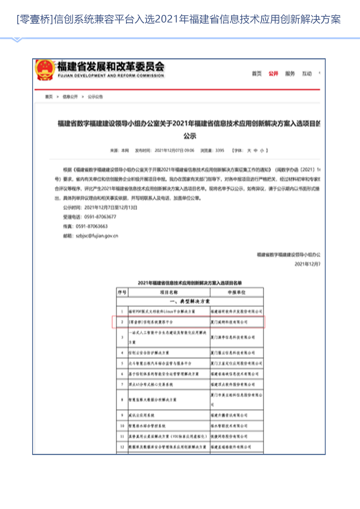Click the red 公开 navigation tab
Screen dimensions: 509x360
[x=273, y=74]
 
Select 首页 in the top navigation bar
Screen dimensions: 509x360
[x=257, y=74]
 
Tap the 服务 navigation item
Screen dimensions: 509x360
[x=290, y=74]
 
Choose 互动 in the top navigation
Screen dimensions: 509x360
[x=307, y=74]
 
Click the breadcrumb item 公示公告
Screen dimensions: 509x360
[x=96, y=97]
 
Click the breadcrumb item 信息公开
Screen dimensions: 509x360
[x=70, y=97]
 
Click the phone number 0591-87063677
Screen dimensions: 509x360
[x=96, y=217]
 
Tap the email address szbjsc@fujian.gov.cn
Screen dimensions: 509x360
[x=97, y=236]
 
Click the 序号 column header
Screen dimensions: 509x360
[x=122, y=292]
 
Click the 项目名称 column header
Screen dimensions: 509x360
[x=168, y=292]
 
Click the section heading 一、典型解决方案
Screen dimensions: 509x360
[x=190, y=302]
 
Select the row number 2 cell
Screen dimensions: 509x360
[x=122, y=321]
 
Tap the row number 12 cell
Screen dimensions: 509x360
[x=122, y=446]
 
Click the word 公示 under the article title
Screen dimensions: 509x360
[x=190, y=136]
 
